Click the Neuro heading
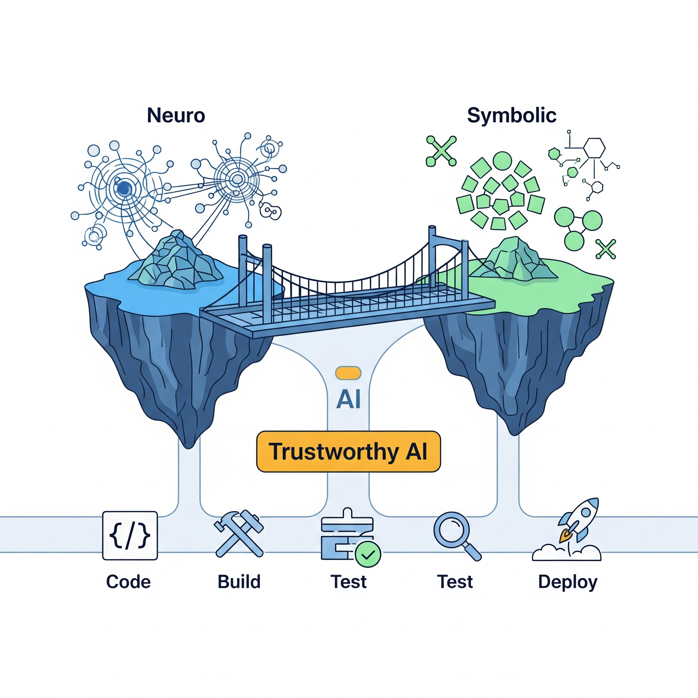pos(176,116)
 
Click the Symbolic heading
pos(511,116)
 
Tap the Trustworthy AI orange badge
pos(348,452)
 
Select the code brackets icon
pos(130,535)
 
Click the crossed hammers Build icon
pos(239,534)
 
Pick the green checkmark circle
pos(368,554)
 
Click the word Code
pos(128,582)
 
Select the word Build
pos(239,582)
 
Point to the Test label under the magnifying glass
pos(455,582)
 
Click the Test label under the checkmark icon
pos(349,582)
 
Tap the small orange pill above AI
pos(348,373)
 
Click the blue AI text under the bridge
pos(348,399)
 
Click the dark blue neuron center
pos(124,188)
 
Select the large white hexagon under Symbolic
pos(594,148)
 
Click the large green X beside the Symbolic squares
pos(441,151)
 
